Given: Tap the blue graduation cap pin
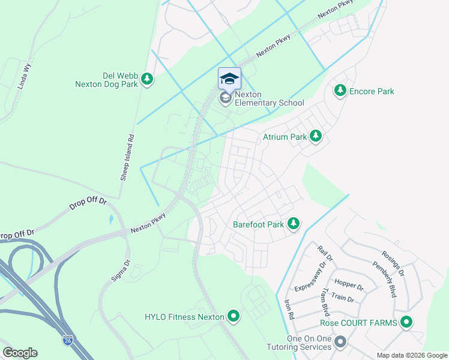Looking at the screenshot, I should [x=229, y=79].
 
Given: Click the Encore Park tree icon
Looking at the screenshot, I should [x=340, y=91].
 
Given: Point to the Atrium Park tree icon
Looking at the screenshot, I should [x=316, y=137].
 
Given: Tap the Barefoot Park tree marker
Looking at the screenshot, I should [x=293, y=224].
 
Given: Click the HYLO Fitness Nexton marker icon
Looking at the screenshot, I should [x=233, y=316].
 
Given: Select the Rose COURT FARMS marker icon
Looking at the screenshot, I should [x=406, y=323].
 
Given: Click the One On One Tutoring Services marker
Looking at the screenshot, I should [x=340, y=343].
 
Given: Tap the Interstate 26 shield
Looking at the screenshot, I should [x=69, y=340].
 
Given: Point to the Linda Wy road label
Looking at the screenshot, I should [x=25, y=76].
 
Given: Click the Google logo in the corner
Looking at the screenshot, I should [x=20, y=352].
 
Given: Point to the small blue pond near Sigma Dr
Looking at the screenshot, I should [x=111, y=220].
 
